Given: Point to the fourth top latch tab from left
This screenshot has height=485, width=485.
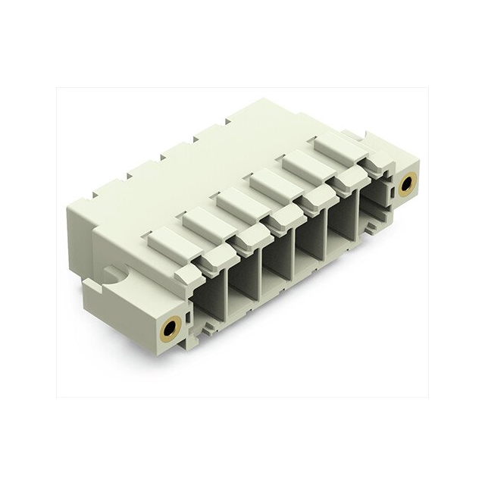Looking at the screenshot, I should (x=274, y=182).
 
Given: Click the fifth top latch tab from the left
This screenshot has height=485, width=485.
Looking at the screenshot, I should (x=306, y=163).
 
